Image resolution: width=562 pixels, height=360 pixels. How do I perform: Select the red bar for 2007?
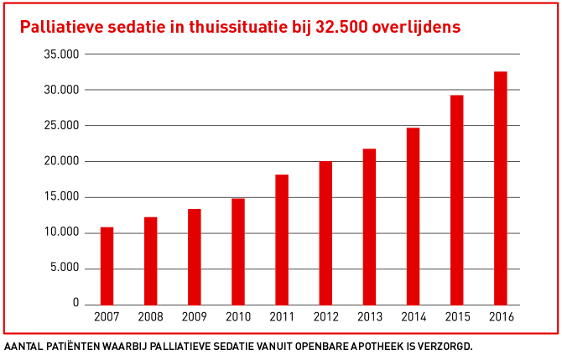[x=107, y=265]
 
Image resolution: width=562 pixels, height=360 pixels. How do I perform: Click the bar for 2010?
[x=238, y=251]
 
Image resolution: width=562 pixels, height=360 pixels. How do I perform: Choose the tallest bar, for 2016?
[x=500, y=188]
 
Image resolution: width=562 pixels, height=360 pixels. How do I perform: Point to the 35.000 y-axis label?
[x=61, y=55]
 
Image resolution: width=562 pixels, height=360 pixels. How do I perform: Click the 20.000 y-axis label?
[x=61, y=161]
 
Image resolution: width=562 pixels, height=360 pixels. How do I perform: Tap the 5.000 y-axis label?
[x=65, y=268]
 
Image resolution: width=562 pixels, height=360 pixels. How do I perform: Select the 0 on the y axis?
[x=75, y=303]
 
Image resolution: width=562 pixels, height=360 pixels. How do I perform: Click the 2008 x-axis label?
[x=150, y=316]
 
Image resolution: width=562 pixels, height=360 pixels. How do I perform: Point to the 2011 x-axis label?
[x=282, y=316]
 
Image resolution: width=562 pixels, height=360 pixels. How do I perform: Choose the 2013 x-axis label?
[x=369, y=316]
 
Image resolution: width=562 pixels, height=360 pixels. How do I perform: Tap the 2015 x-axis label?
[x=456, y=316]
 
